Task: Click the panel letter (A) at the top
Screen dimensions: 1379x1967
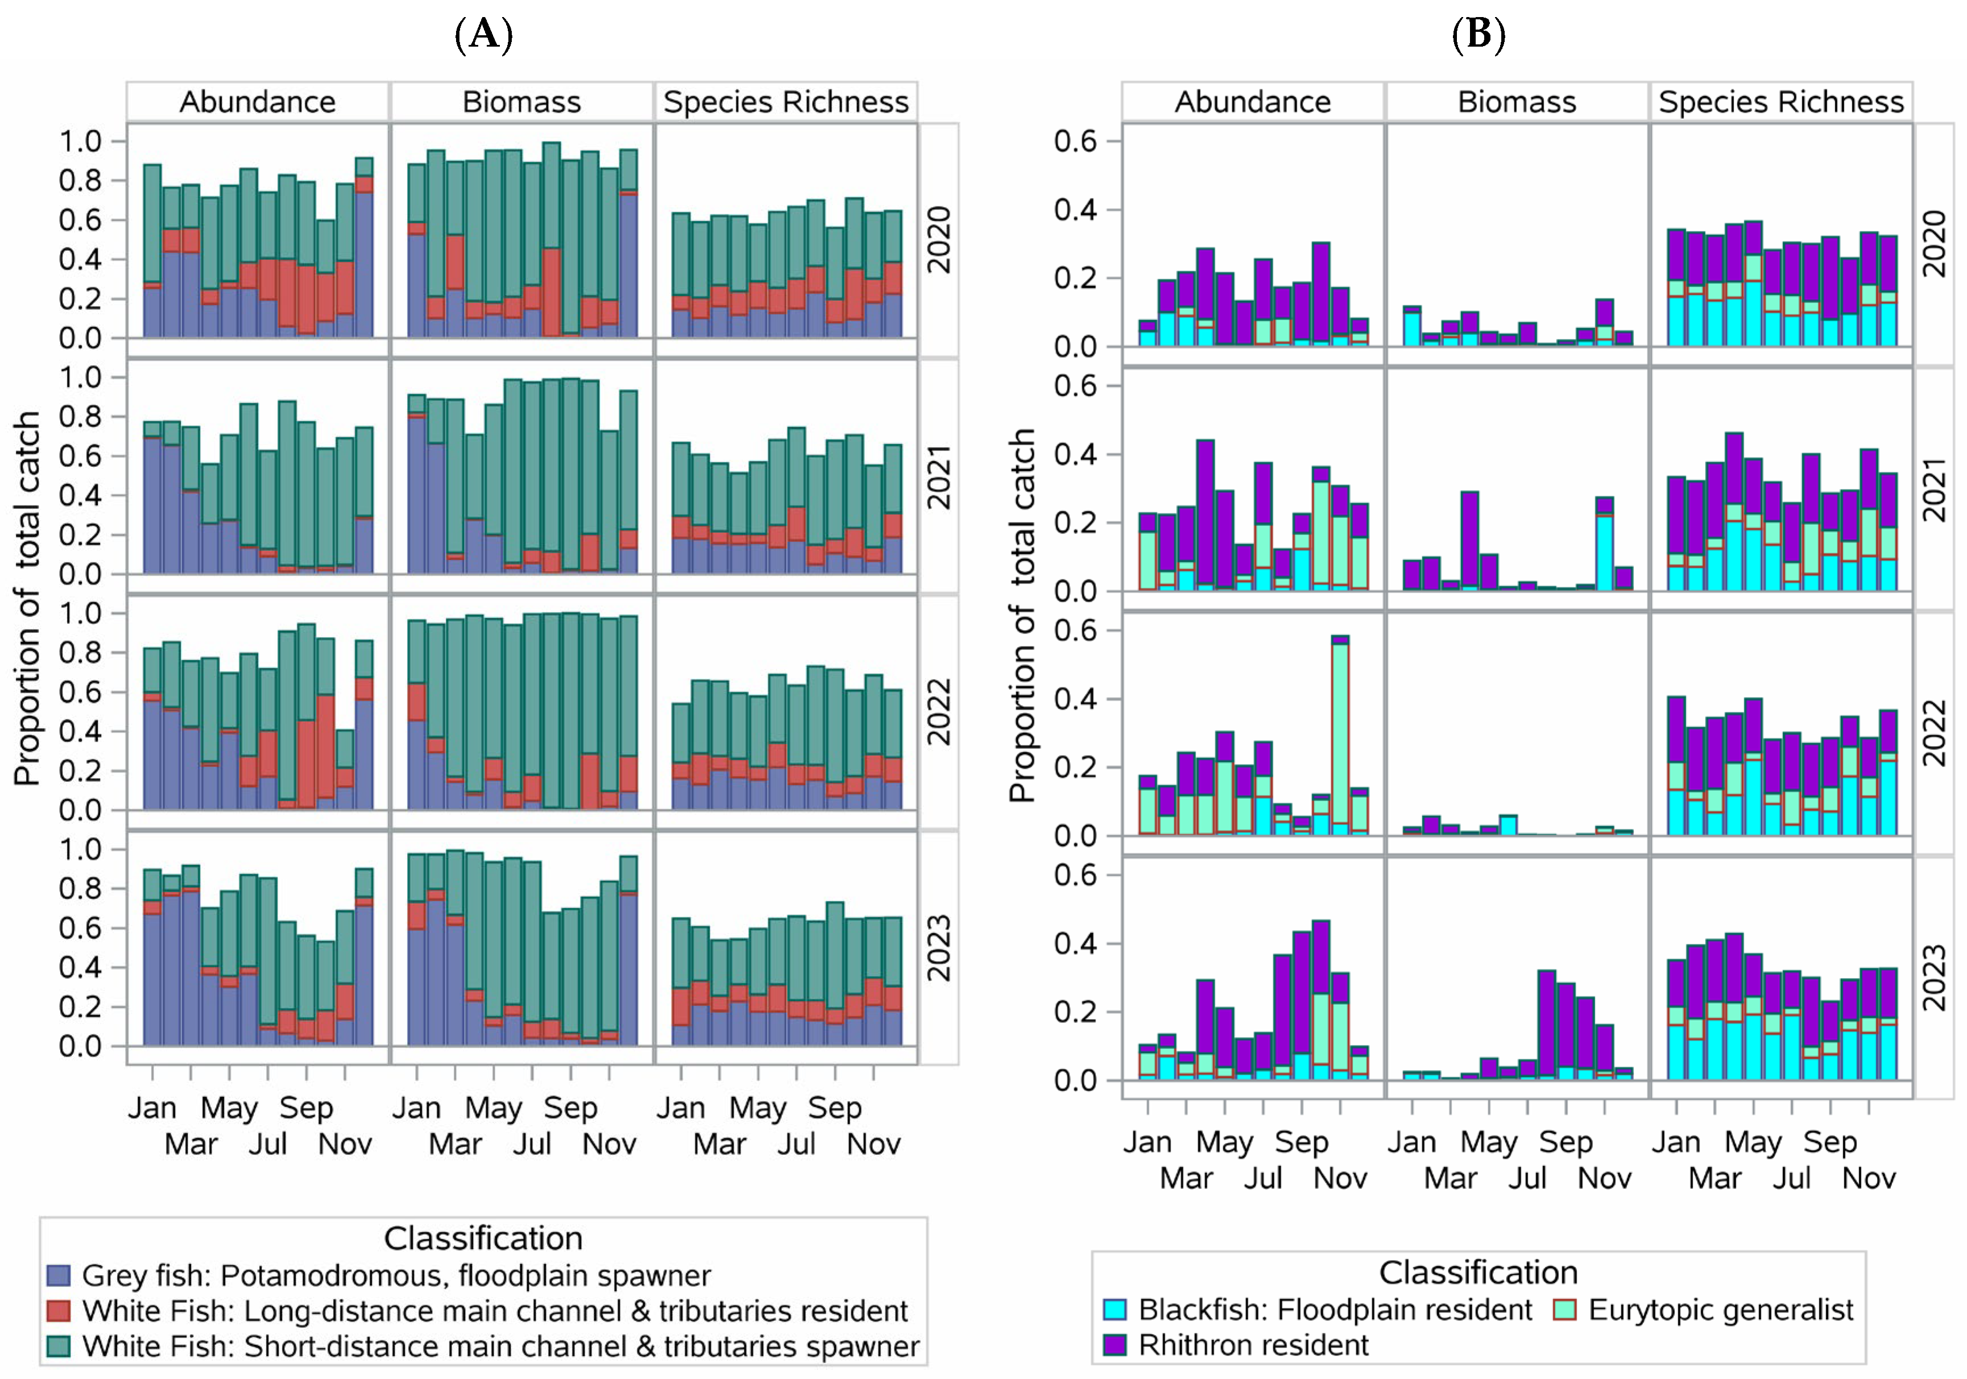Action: click(x=483, y=35)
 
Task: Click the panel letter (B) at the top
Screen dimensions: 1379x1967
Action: click(x=1478, y=35)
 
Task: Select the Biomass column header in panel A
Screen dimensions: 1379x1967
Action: click(x=521, y=102)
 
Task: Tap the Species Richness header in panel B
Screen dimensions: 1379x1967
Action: click(x=1780, y=102)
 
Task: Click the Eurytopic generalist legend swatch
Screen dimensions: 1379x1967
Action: click(x=1564, y=1310)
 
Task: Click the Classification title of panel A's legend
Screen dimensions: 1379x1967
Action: click(x=483, y=1239)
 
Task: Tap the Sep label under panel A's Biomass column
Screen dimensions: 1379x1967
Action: click(x=570, y=1108)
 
